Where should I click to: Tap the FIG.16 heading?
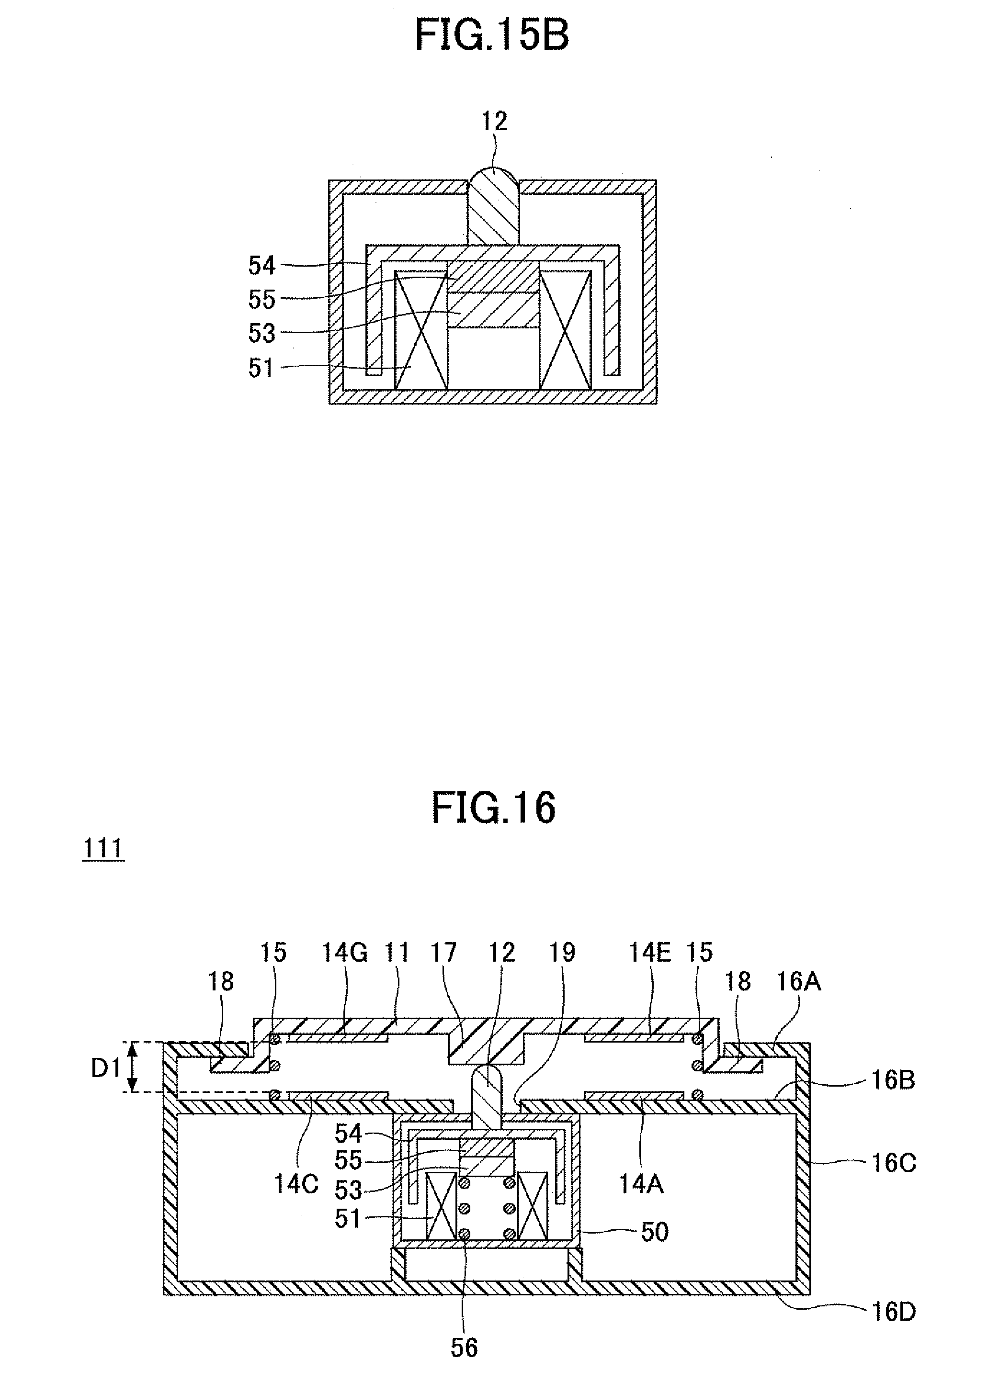pos(493,809)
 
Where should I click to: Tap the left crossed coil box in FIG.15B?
pos(421,330)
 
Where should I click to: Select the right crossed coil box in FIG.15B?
pos(565,330)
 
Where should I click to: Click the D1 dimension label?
pos(106,1069)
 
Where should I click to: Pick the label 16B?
pos(893,1080)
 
